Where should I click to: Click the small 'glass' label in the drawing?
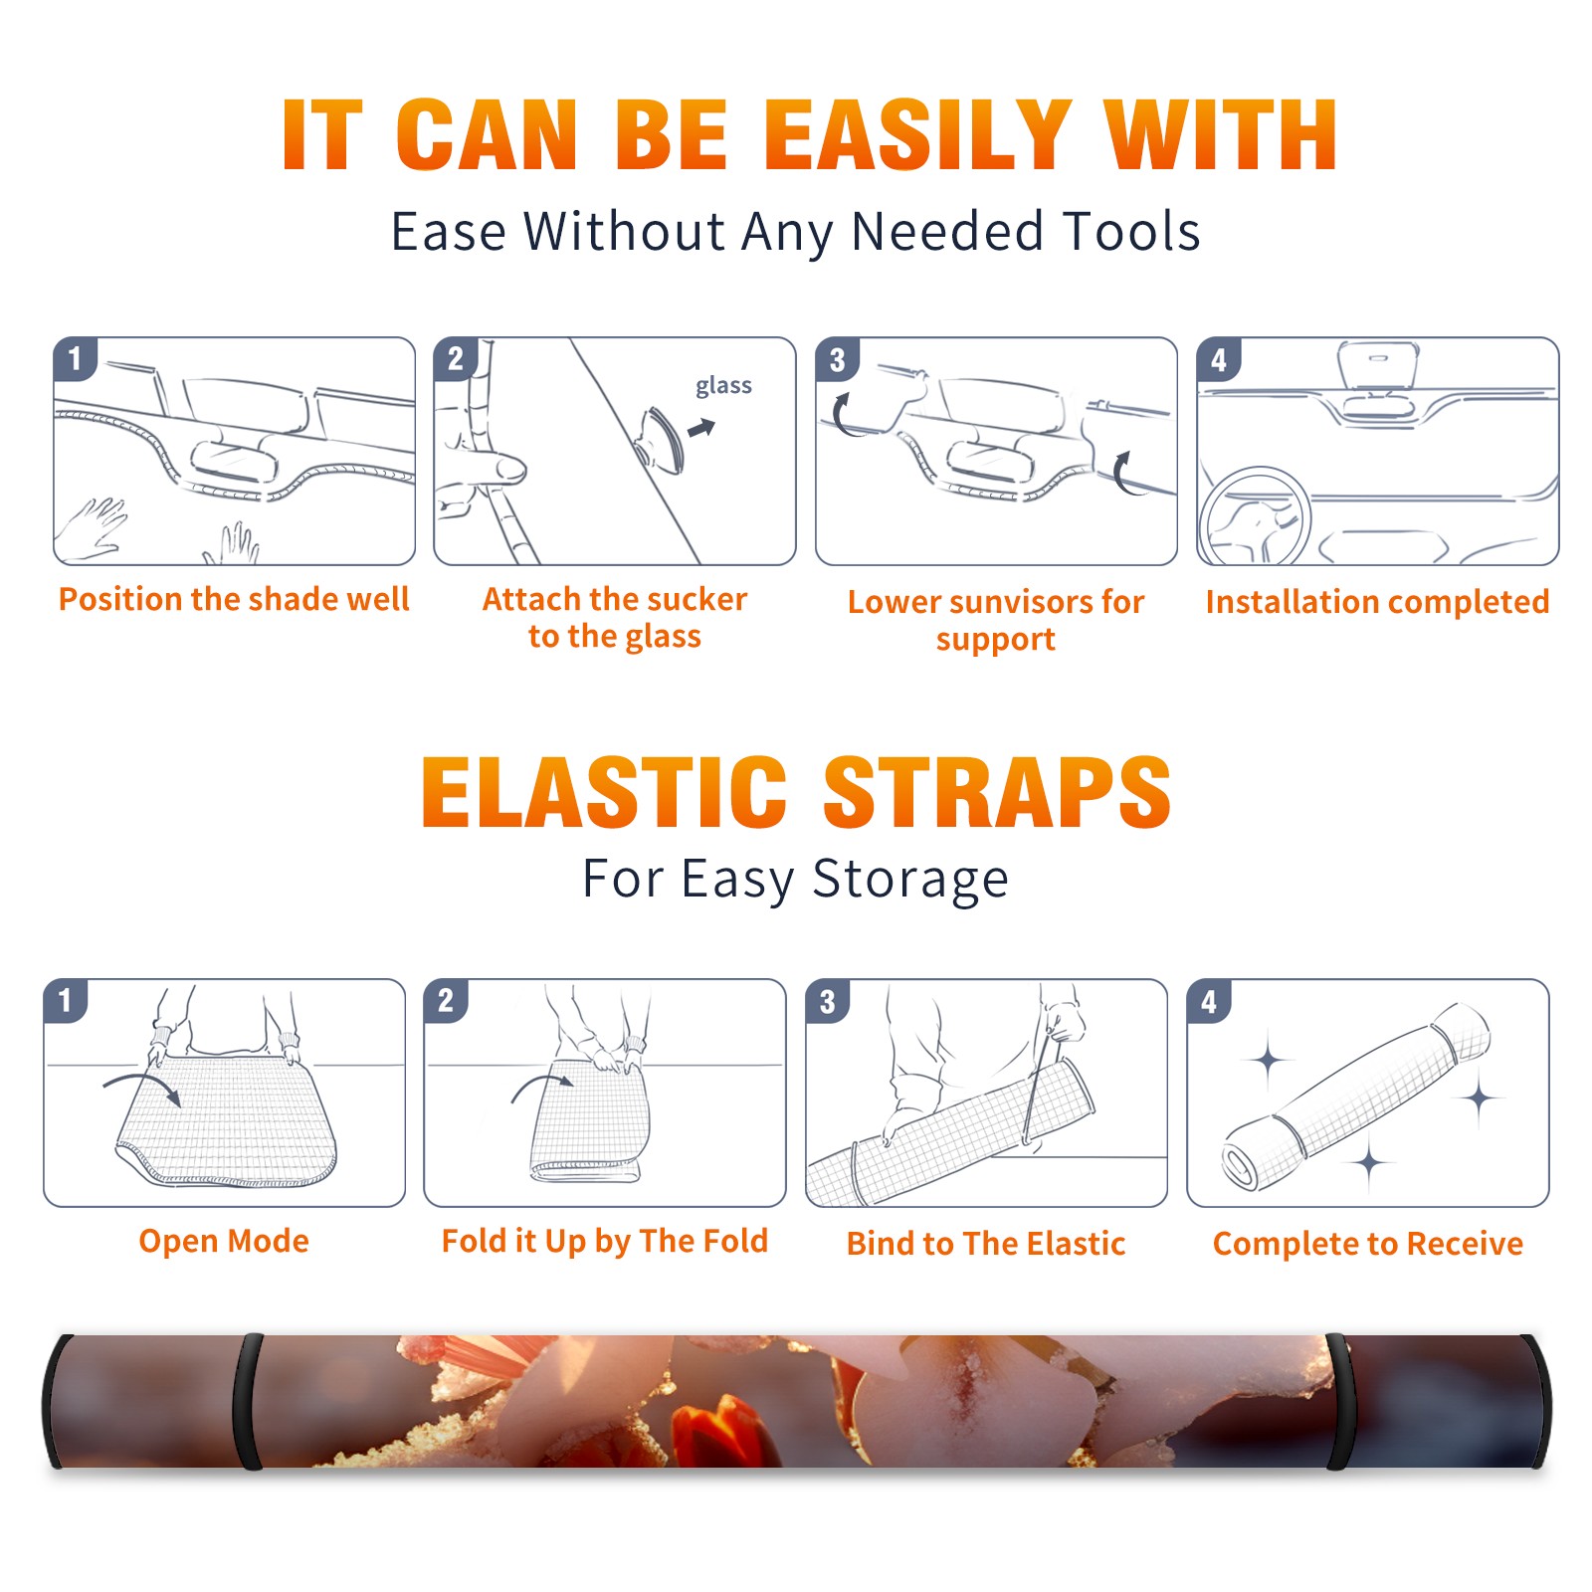pos(723,386)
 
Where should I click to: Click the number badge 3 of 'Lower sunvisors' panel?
pos(837,360)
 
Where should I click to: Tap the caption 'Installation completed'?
pos(1377,601)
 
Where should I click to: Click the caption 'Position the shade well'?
pos(234,599)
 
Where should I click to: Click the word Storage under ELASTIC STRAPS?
pos(910,880)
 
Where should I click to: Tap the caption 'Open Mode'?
pos(224,1241)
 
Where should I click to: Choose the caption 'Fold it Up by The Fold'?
pos(605,1241)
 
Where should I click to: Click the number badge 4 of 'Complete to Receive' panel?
pos(1209,1002)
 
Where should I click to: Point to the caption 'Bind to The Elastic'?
pos(986,1243)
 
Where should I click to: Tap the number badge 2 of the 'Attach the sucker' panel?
pos(456,359)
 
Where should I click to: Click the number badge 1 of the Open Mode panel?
pos(66,1001)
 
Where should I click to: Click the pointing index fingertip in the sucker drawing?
pos(514,467)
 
